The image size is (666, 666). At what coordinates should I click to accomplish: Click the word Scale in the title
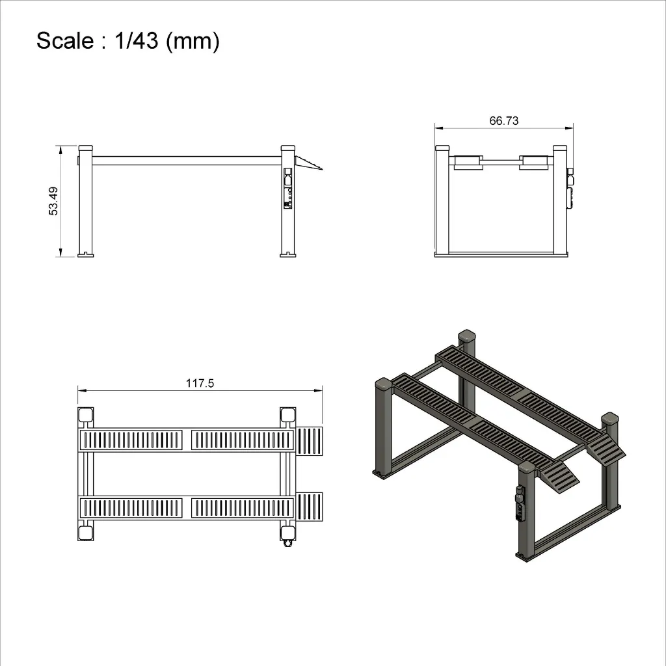(x=64, y=41)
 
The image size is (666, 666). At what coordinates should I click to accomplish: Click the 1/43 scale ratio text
(x=137, y=41)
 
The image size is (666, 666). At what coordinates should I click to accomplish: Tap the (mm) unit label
(x=193, y=42)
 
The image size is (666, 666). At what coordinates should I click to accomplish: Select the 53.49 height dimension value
(x=53, y=201)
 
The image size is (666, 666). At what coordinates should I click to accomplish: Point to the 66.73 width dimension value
(x=504, y=120)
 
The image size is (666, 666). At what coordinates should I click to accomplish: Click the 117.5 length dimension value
(x=200, y=383)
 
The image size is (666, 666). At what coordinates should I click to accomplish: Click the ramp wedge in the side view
(x=308, y=163)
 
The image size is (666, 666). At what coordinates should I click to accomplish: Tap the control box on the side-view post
(x=287, y=188)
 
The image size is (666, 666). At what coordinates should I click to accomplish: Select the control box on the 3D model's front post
(x=520, y=503)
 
